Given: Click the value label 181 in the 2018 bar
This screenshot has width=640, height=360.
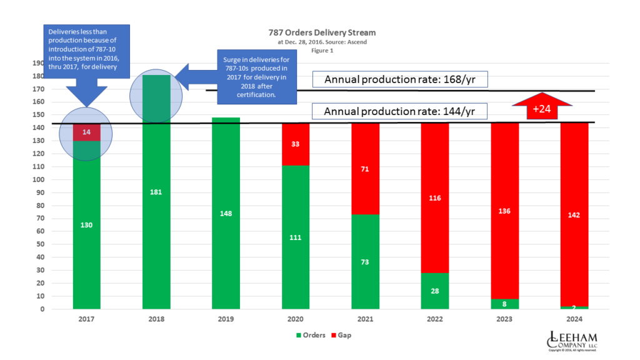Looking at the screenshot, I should (x=156, y=192).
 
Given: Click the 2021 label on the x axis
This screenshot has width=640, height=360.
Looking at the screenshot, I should (x=366, y=319).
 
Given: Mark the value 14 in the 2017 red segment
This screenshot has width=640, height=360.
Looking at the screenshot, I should (x=86, y=132).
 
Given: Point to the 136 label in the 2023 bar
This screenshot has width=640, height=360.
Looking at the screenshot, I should (x=504, y=211).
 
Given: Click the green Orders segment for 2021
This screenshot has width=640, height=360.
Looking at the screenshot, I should (x=366, y=262).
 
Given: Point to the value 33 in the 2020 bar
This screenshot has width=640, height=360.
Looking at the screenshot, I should (x=296, y=144).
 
